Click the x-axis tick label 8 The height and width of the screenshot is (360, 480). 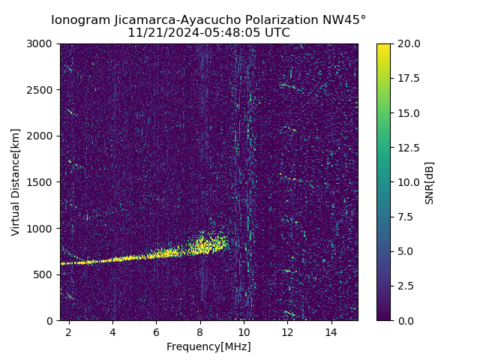200,331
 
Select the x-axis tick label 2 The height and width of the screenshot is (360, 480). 69,331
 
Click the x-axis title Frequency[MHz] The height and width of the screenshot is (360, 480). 208,346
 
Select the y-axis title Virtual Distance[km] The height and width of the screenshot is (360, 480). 16,181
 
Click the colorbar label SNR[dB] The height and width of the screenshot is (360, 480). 430,182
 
